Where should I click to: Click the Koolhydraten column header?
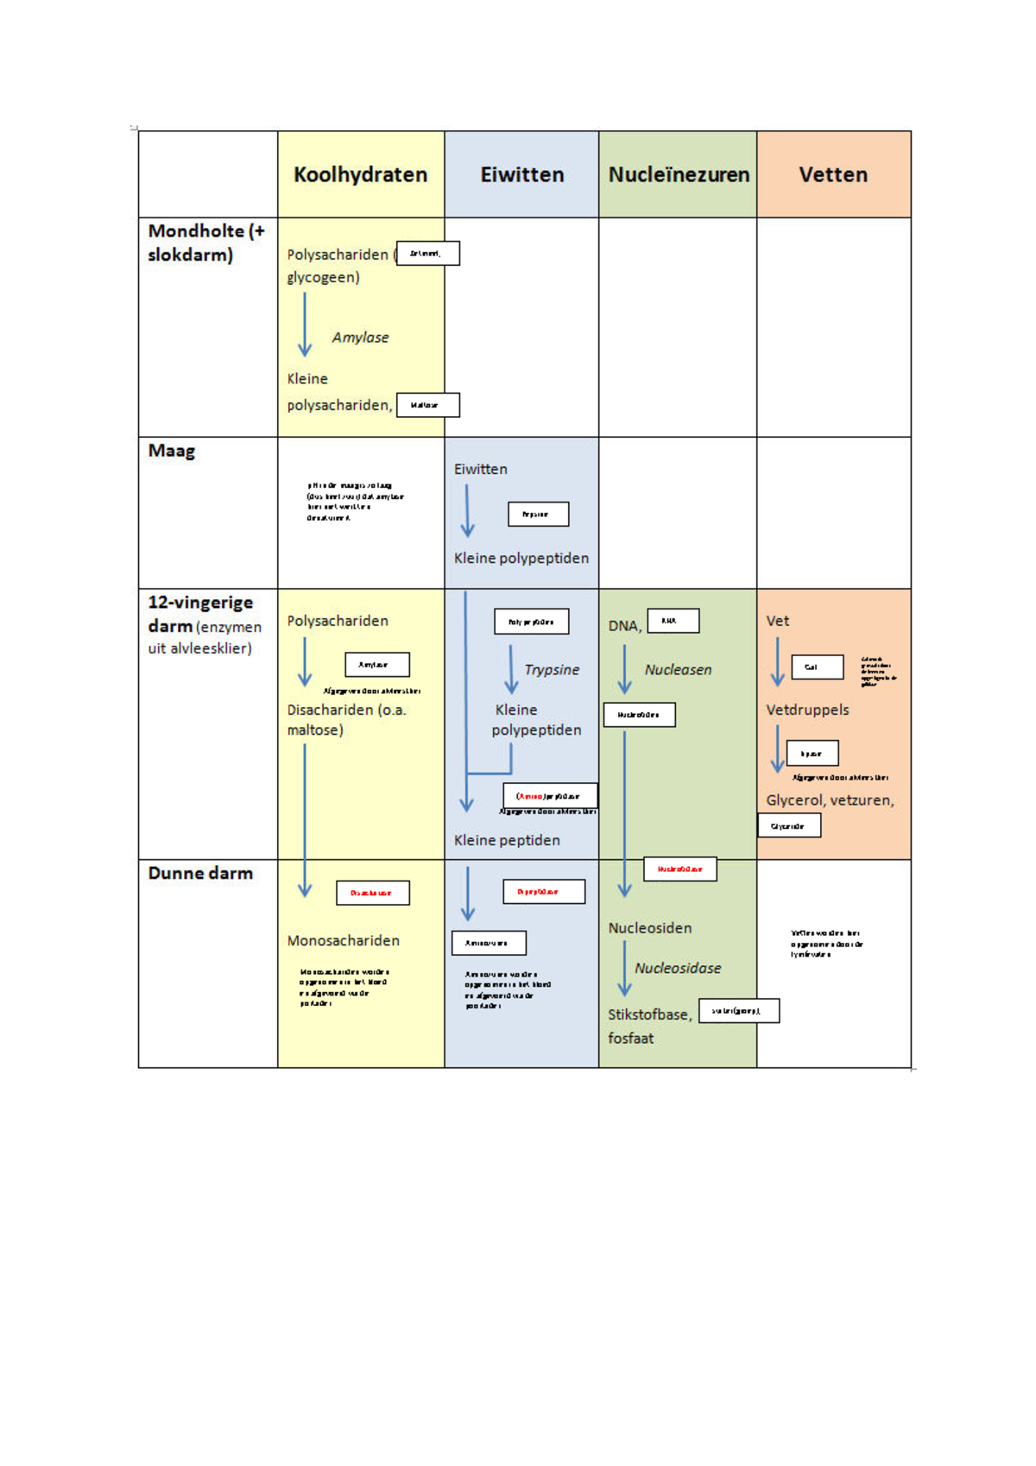[x=360, y=174]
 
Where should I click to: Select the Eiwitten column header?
[x=521, y=174]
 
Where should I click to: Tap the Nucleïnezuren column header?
[x=679, y=174]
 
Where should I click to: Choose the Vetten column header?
[x=833, y=174]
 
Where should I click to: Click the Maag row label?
[x=172, y=451]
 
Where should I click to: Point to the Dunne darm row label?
[x=200, y=873]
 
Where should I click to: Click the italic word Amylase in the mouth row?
[x=360, y=338]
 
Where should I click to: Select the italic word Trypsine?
[x=552, y=670]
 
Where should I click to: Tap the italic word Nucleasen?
[x=678, y=670]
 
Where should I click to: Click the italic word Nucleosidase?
[x=678, y=969]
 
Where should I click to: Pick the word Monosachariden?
[x=343, y=941]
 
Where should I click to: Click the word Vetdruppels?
[x=807, y=710]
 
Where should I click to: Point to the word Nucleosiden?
[x=649, y=928]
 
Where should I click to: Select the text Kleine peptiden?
[x=507, y=840]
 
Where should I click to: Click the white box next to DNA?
[x=673, y=621]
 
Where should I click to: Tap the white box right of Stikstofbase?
[x=738, y=1011]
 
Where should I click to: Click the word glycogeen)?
[x=323, y=277]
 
